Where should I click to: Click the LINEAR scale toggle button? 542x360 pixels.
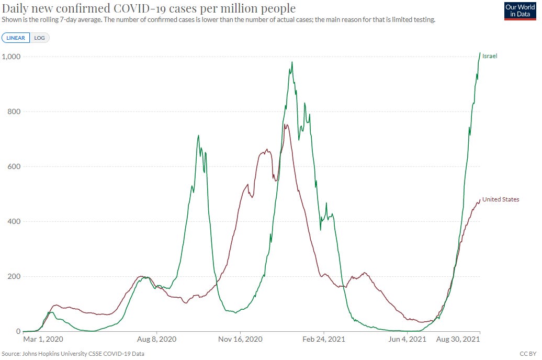click(16, 38)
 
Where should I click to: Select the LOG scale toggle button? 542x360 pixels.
click(39, 38)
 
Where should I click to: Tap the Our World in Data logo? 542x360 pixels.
click(520, 11)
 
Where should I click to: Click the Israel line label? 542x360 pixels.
click(490, 56)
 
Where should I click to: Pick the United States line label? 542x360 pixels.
click(501, 199)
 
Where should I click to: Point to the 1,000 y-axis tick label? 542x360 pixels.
click(11, 57)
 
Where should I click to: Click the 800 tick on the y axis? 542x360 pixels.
click(14, 111)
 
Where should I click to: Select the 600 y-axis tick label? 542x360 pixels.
click(14, 166)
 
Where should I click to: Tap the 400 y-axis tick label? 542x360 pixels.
click(14, 221)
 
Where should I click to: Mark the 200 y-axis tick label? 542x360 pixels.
click(14, 276)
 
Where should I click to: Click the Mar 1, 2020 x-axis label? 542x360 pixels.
click(43, 339)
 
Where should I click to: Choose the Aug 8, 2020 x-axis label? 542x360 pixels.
click(156, 339)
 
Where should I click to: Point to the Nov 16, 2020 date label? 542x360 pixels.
click(240, 339)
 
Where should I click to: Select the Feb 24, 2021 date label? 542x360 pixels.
click(324, 339)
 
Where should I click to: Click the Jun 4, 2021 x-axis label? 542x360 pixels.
click(407, 339)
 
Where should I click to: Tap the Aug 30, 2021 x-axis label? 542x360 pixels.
click(458, 339)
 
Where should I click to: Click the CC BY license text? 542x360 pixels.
click(528, 354)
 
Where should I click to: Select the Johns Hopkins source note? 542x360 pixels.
click(73, 354)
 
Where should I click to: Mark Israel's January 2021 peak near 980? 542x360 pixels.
click(292, 62)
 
